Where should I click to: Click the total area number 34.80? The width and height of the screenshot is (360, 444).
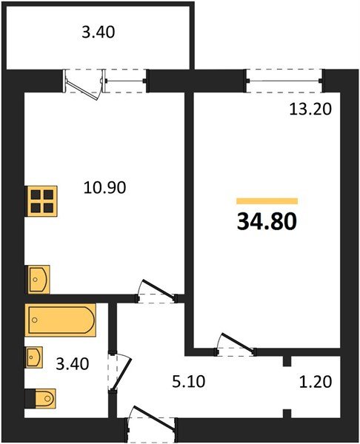tap(267, 221)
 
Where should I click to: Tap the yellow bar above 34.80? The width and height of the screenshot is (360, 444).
tap(267, 201)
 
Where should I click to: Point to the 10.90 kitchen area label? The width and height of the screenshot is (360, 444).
tap(104, 188)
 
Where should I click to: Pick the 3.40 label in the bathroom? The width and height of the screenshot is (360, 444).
tap(73, 363)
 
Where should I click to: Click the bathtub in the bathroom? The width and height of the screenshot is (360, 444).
tap(60, 320)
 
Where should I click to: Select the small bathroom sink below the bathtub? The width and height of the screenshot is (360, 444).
tap(34, 357)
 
